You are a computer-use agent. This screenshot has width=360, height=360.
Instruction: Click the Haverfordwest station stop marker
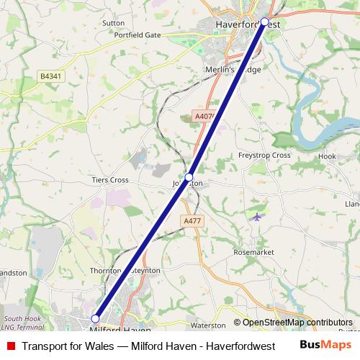pos(264,22)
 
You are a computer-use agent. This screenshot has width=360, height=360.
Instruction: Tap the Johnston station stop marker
pos(189,176)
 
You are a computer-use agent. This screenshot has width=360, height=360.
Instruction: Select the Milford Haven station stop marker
pos(95,318)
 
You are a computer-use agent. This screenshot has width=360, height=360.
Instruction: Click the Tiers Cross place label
pos(109,180)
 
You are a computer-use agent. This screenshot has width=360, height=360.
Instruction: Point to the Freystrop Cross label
pos(264,156)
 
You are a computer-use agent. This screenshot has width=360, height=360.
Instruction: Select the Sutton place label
pos(113,23)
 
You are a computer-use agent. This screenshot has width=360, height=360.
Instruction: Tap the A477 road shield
pos(192,221)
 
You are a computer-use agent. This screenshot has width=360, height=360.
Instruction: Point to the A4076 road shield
pos(204,116)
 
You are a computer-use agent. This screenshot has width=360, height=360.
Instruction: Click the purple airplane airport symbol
pos(258,216)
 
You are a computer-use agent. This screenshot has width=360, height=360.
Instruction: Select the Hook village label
pos(328,156)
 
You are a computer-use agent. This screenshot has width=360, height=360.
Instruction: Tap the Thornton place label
pos(106,271)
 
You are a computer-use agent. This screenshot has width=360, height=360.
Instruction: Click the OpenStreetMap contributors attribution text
pos(293,323)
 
